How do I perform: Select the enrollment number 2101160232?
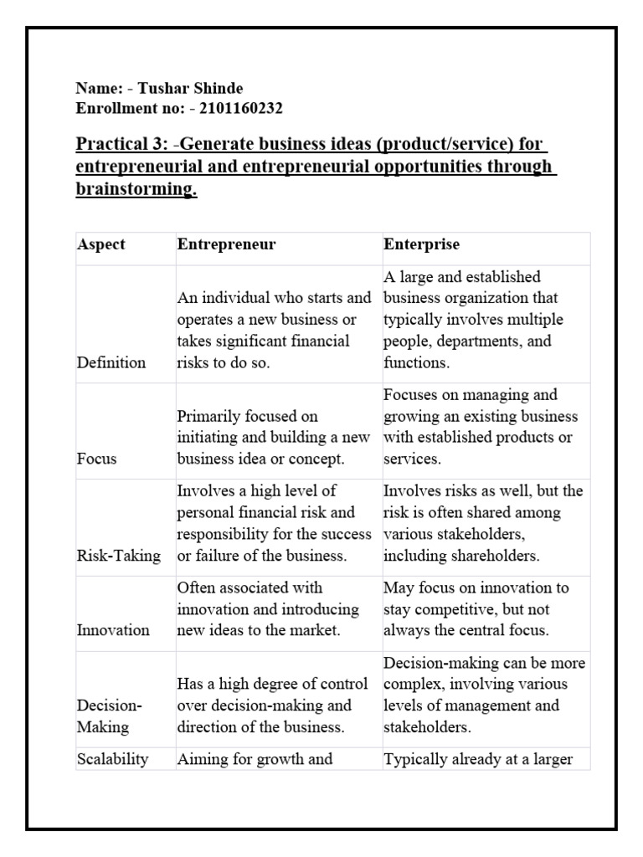tap(235, 108)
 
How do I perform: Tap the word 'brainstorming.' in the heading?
tap(136, 189)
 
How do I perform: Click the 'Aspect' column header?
tap(101, 244)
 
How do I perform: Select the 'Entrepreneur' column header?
tap(226, 244)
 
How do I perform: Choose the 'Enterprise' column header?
tap(421, 244)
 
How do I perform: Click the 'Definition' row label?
tap(111, 362)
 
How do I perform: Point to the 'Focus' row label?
tap(97, 459)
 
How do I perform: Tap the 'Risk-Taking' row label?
tap(119, 556)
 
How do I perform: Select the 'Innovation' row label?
tap(113, 629)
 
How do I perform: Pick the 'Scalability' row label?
tap(113, 759)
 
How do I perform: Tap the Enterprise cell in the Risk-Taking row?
tap(483, 522)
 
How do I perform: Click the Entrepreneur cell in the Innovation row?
tap(267, 608)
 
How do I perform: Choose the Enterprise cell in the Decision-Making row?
tap(484, 695)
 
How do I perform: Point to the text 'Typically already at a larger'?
tap(478, 759)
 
